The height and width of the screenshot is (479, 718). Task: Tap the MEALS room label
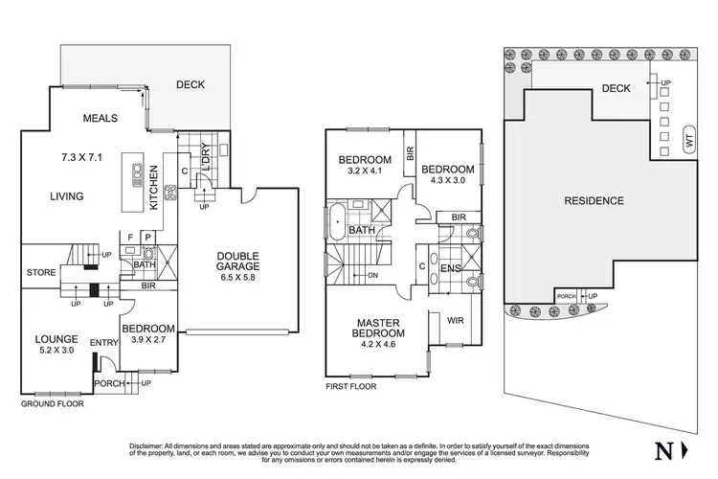[x=100, y=119]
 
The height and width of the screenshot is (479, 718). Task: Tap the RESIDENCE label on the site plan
[x=593, y=201]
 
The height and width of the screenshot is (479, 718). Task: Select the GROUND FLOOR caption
[x=53, y=404]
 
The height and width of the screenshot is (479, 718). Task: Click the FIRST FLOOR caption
[x=350, y=386]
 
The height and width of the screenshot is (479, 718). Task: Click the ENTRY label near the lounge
[x=102, y=343]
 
